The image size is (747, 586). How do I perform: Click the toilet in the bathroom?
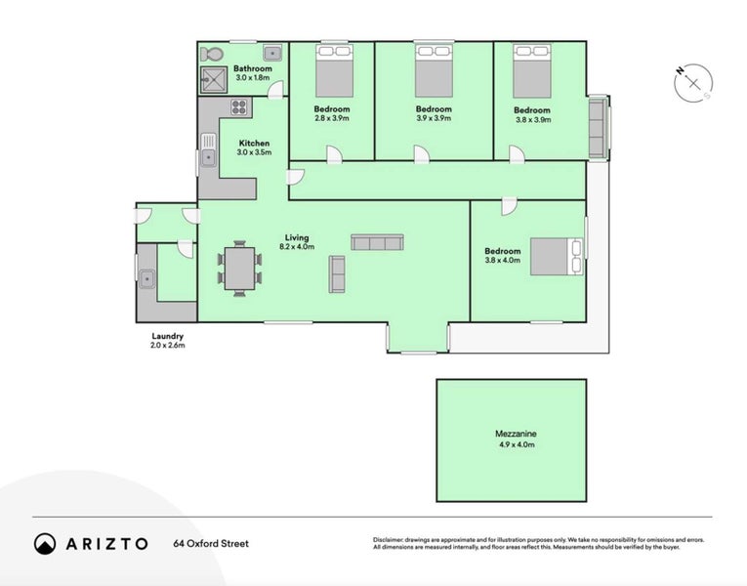pyautogui.click(x=211, y=55)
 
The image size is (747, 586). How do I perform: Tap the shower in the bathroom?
pyautogui.click(x=214, y=79)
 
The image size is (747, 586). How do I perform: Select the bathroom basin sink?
pyautogui.click(x=273, y=53)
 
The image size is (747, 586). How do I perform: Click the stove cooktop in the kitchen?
pyautogui.click(x=238, y=106)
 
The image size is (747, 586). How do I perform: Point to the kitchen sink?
pyautogui.click(x=208, y=150)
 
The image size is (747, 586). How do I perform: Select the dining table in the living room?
pyautogui.click(x=239, y=269)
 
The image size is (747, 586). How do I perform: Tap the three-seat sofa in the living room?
pyautogui.click(x=377, y=242)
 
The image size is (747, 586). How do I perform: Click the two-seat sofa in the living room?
pyautogui.click(x=337, y=273)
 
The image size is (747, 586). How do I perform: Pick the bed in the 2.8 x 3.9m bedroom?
pyautogui.click(x=334, y=70)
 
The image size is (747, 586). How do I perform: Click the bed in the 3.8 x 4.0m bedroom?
pyautogui.click(x=557, y=256)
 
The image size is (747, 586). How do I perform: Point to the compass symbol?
pyautogui.click(x=693, y=83)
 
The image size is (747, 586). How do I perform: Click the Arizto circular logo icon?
pyautogui.click(x=45, y=544)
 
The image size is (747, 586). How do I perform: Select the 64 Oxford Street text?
pyautogui.click(x=211, y=544)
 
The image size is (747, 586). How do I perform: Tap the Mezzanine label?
pyautogui.click(x=516, y=434)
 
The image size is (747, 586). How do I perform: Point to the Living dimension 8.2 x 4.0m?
pyautogui.click(x=297, y=247)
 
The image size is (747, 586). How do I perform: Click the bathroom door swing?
pyautogui.click(x=275, y=91)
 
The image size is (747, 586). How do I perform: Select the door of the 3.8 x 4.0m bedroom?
pyautogui.click(x=509, y=206)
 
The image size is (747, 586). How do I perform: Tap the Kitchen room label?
pyautogui.click(x=254, y=143)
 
